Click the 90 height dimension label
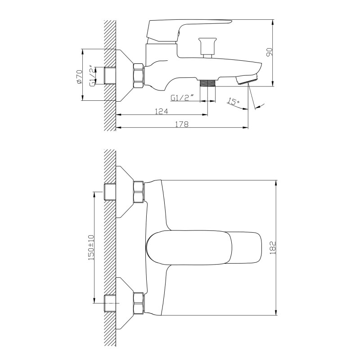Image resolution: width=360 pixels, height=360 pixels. [269, 52]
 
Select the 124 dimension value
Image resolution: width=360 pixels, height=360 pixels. [162, 111]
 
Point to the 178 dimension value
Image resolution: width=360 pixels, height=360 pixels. [182, 124]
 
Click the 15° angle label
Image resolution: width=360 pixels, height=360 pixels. [234, 101]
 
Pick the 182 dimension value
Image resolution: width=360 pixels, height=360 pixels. [273, 247]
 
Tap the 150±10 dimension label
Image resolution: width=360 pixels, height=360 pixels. [91, 247]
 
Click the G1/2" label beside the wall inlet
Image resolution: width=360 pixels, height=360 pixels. [92, 76]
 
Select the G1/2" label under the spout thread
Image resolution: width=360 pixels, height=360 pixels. [181, 98]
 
